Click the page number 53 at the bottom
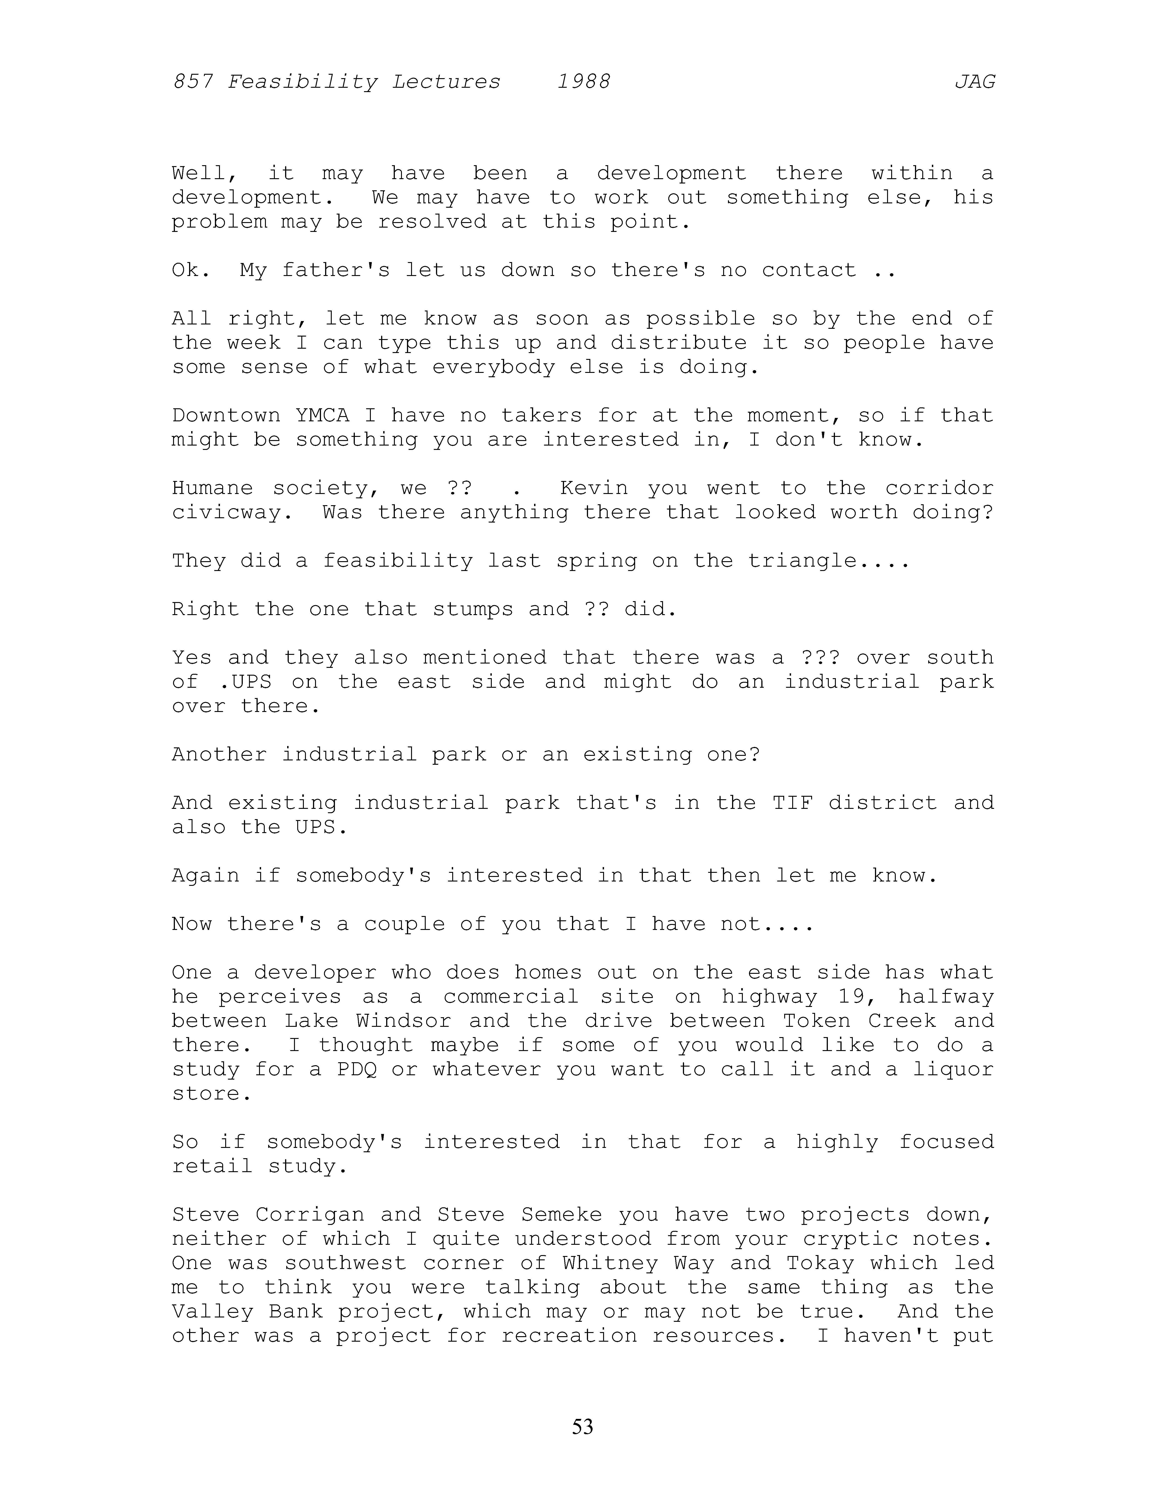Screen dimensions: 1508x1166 (582, 1426)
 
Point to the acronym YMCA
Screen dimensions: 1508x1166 (323, 416)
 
